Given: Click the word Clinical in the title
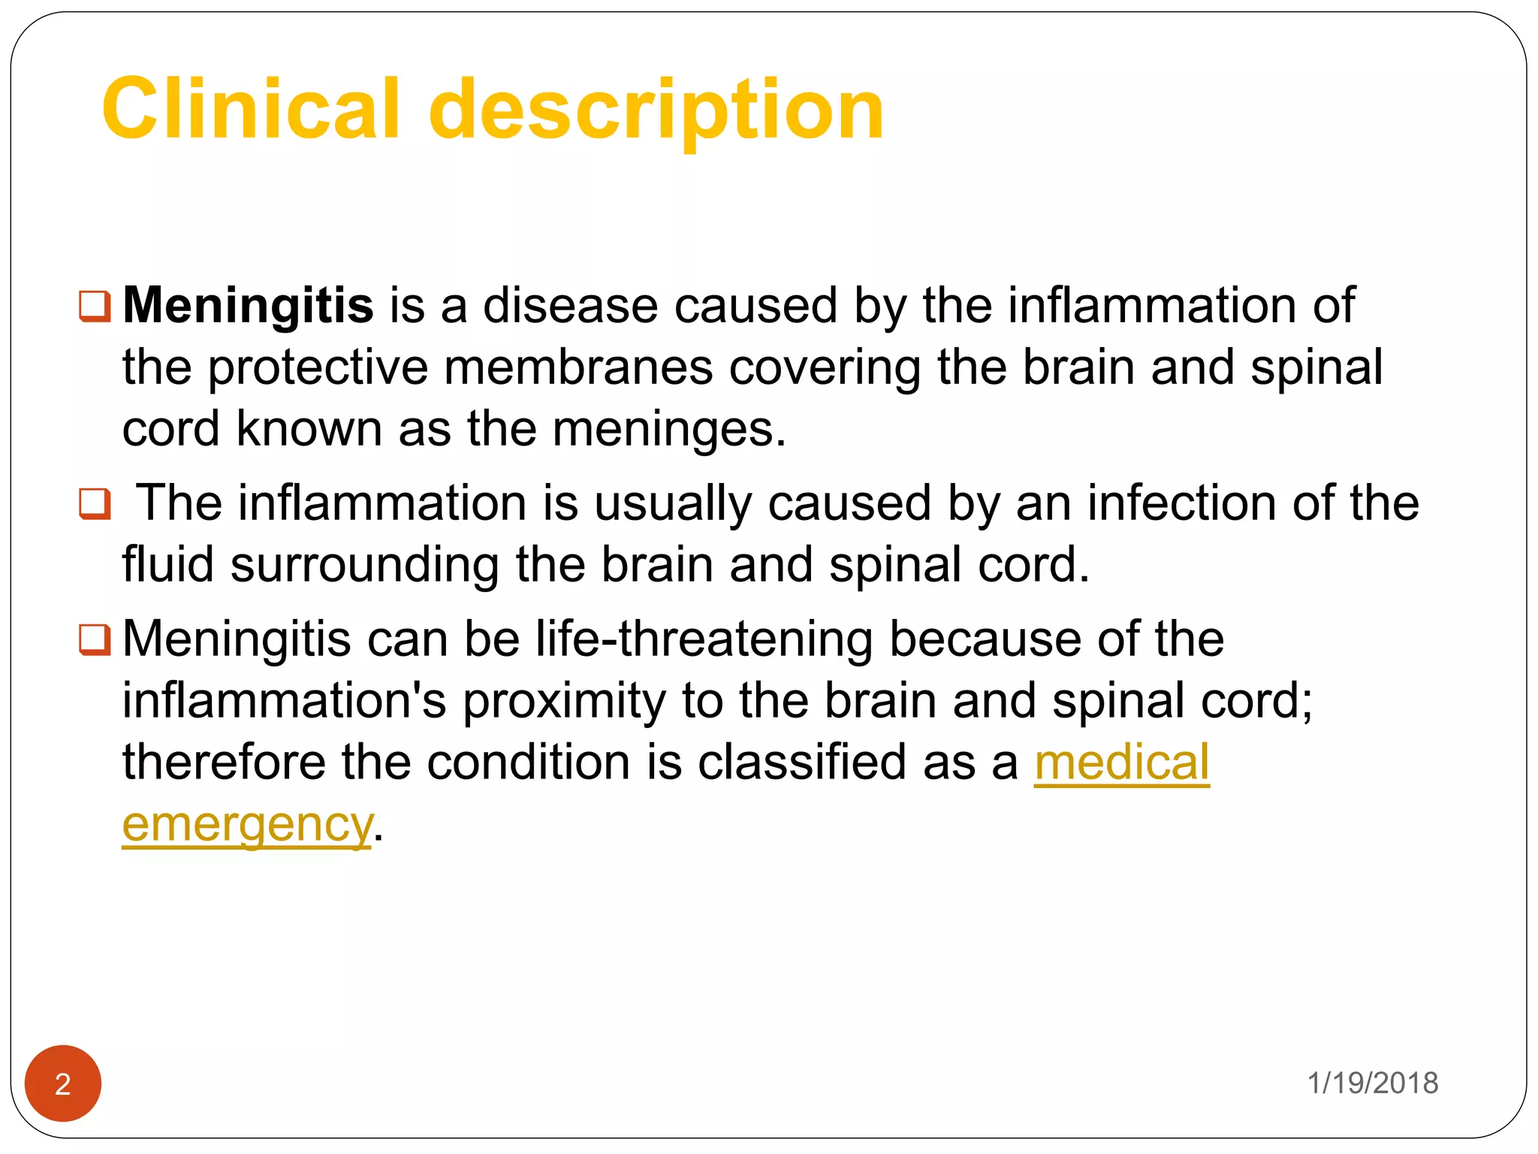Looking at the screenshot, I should click(250, 109).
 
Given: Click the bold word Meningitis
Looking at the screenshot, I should click(248, 306).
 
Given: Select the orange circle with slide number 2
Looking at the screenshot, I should click(63, 1083).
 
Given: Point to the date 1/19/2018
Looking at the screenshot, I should click(1373, 1083).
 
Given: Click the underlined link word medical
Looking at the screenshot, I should click(1122, 763).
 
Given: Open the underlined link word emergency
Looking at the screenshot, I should click(247, 825).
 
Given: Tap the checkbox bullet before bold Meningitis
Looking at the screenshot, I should click(95, 306).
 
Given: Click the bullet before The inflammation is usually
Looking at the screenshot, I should click(95, 503).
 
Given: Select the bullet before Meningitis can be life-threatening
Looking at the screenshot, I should click(95, 640).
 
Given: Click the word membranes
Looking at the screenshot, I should click(578, 367).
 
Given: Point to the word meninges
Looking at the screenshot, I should click(669, 429).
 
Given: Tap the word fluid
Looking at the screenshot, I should click(167, 564).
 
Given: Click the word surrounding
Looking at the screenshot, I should click(364, 566).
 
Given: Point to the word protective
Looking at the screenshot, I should click(317, 367).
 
